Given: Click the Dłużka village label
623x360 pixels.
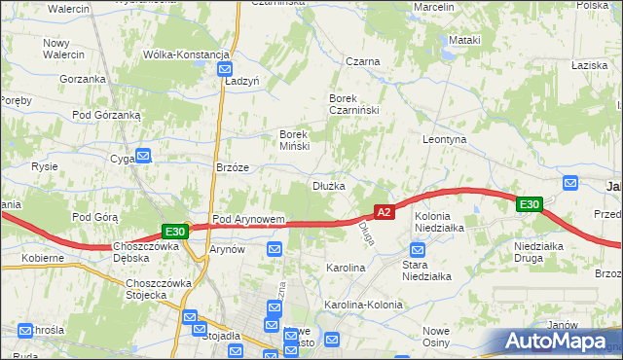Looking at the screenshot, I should [328, 186].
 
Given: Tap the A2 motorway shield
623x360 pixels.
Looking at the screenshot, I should [384, 212].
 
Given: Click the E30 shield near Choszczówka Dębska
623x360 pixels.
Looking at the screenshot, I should [174, 232].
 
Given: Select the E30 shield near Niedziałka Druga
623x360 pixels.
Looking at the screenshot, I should [529, 204].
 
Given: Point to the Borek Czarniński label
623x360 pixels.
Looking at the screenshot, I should [352, 105].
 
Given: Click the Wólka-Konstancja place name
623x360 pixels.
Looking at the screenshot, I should [186, 54].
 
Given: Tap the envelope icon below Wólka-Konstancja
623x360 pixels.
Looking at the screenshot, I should [225, 71].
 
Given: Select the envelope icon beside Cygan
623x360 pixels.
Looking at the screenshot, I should [143, 155].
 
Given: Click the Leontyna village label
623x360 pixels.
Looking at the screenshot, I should [445, 140].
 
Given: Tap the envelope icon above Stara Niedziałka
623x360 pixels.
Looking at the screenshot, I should [417, 249].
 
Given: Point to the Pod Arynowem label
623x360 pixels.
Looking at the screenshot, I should [248, 220].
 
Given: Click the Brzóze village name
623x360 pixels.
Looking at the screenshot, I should [233, 167].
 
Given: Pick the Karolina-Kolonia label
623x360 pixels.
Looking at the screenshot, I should [363, 305].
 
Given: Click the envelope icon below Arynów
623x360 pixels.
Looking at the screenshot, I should [275, 251].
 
